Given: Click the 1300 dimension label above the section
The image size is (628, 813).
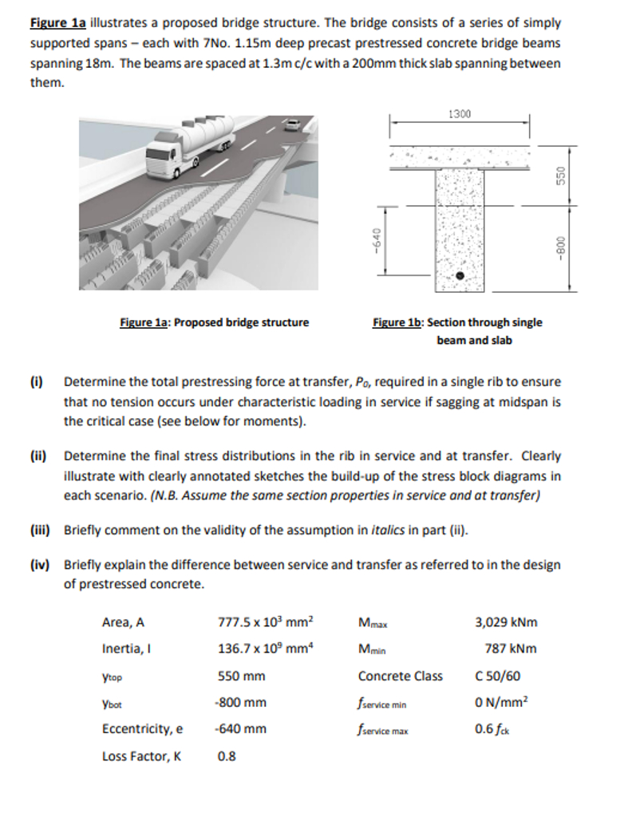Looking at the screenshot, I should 460,114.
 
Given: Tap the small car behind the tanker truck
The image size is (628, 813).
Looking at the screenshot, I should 293,124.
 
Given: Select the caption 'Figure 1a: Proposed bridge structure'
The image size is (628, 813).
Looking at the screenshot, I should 214,322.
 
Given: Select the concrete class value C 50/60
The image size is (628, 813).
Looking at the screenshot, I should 498,676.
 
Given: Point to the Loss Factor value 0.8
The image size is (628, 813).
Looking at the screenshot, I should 227,757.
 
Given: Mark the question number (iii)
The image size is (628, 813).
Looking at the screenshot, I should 40,529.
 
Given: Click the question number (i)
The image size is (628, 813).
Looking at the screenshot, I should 37,381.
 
